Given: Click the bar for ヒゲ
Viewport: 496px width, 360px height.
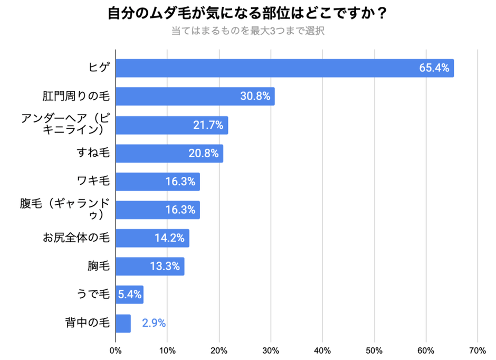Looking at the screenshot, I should (x=284, y=68).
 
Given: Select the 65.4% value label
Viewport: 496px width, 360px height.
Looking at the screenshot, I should (x=434, y=68).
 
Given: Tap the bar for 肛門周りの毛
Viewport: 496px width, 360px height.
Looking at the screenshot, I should (x=195, y=97).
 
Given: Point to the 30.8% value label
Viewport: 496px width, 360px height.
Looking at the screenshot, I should (x=255, y=97).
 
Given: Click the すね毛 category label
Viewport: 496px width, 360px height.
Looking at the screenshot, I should (x=93, y=154).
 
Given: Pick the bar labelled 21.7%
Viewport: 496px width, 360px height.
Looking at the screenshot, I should (x=171, y=125).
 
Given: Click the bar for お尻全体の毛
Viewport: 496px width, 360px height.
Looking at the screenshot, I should (x=152, y=238).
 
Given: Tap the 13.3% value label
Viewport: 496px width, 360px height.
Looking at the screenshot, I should (x=165, y=267).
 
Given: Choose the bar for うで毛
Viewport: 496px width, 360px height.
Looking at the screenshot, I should (x=129, y=295).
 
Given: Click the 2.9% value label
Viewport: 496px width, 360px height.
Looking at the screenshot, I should (x=154, y=323).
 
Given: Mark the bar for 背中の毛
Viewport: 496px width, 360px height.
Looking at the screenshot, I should (x=123, y=323).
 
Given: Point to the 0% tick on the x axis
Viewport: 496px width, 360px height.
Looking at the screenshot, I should (x=116, y=350).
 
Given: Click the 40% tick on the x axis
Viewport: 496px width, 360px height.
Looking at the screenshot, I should (x=322, y=350).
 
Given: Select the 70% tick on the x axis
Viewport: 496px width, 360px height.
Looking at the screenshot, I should (x=478, y=350).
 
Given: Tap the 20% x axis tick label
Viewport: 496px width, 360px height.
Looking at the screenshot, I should (x=219, y=350).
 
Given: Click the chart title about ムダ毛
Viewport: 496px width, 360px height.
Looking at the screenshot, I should (x=247, y=13).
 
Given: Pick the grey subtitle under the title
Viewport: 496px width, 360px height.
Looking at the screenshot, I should (x=247, y=31).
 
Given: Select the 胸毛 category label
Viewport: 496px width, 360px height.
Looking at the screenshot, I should (x=98, y=267).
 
